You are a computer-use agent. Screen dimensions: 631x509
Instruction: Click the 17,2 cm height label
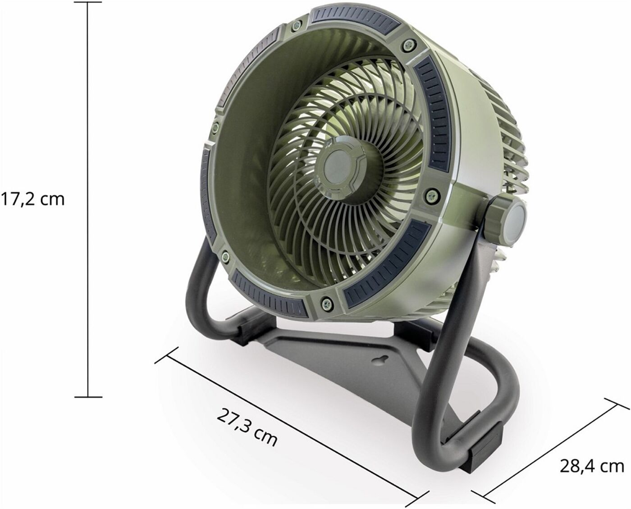click(x=32, y=200)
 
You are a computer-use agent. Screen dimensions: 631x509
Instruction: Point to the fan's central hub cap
click(x=342, y=170)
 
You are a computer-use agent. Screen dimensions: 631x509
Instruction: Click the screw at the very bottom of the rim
click(x=326, y=303)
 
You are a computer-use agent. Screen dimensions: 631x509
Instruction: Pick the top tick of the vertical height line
click(x=87, y=2)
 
